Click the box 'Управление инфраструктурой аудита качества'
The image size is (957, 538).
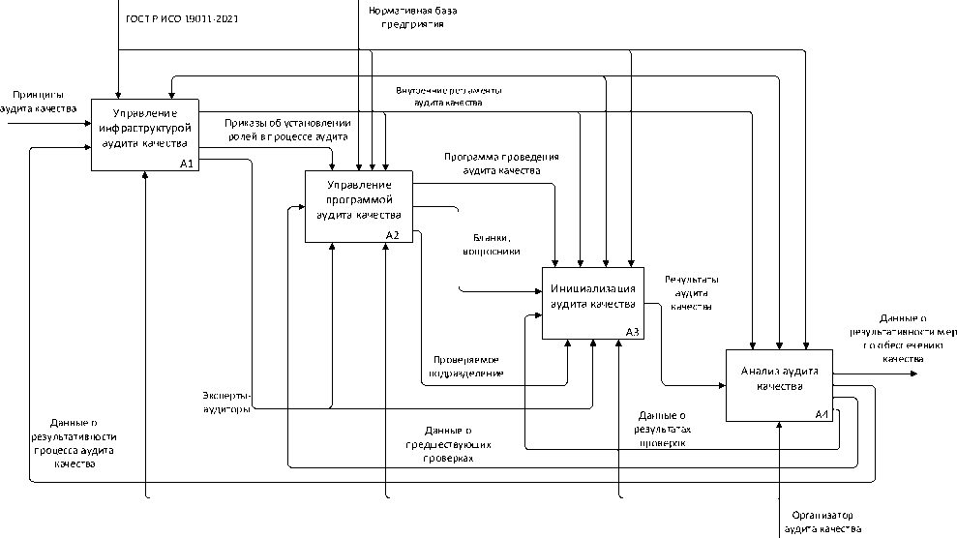(145, 134)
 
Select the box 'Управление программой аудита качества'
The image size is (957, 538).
(359, 205)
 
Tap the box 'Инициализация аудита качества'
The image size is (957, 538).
(592, 303)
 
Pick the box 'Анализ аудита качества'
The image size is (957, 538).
(780, 384)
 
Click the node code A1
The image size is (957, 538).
(188, 164)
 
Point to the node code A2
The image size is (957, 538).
(392, 235)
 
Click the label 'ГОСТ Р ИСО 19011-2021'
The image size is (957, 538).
(184, 19)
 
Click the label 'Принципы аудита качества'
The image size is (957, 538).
(38, 102)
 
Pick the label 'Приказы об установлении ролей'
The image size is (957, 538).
(286, 131)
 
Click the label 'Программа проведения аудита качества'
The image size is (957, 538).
(501, 163)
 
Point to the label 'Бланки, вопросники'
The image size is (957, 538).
(492, 244)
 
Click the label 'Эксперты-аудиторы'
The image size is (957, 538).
(226, 402)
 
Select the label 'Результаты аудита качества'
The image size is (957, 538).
(691, 292)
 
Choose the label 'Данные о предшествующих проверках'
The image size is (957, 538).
(447, 444)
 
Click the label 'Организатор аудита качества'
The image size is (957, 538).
(822, 523)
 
